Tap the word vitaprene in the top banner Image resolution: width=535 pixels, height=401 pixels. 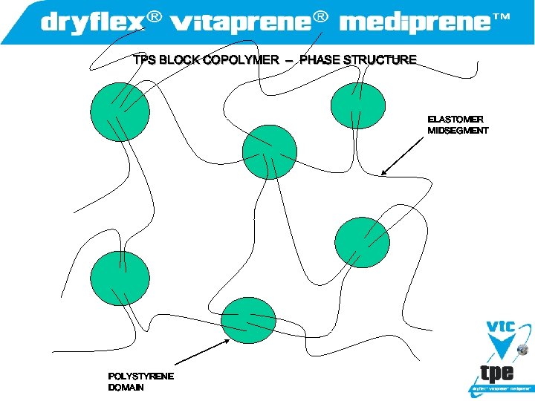tap(241, 23)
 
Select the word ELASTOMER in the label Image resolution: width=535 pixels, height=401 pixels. tap(455, 119)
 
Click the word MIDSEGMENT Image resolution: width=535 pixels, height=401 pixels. tap(458, 131)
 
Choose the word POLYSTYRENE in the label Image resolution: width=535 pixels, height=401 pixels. tap(141, 376)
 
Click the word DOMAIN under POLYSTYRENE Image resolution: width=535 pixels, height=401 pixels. tap(126, 388)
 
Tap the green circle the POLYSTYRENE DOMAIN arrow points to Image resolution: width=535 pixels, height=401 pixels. tap(249, 320)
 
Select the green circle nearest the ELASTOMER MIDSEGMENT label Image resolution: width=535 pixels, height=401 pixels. tap(357, 105)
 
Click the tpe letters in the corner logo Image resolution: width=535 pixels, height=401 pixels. tap(497, 372)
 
